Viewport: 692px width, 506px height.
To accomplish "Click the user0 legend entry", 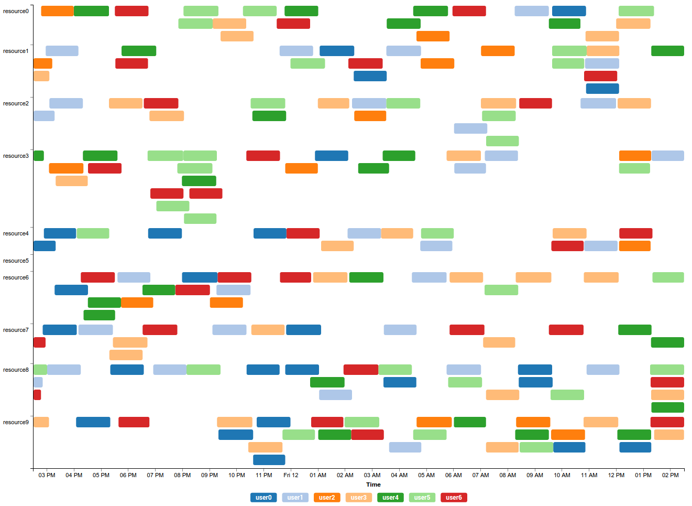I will click(x=263, y=498).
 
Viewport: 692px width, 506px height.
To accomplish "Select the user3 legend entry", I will click(x=358, y=498).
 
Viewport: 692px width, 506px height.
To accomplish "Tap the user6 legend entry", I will click(x=454, y=498).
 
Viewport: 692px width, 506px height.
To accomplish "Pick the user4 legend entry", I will click(x=390, y=498).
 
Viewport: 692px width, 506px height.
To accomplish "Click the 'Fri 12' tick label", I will click(x=291, y=475).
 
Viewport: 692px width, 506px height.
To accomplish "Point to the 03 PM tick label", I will click(x=47, y=475).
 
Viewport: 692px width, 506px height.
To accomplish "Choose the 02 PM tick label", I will click(x=670, y=475).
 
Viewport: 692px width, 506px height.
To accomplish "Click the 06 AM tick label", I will click(x=453, y=475).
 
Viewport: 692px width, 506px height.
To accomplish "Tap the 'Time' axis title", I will click(x=374, y=485).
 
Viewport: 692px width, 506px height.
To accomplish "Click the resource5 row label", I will click(x=16, y=261).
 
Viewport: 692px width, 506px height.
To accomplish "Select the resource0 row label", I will click(x=16, y=11).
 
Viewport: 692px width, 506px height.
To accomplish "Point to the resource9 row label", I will click(x=16, y=422).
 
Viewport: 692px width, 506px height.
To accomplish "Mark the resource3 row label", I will click(x=16, y=156).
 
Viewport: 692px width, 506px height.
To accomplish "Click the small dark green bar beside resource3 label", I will click(x=39, y=156).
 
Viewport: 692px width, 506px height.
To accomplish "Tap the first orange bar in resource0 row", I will click(x=57, y=11).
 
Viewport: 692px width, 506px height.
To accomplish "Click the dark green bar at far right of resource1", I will click(x=667, y=51).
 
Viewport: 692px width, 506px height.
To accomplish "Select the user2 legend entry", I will click(x=327, y=498).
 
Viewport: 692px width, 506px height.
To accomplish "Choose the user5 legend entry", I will click(x=422, y=498).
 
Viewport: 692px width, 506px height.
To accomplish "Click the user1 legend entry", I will click(x=295, y=498).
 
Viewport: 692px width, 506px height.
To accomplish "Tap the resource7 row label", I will click(x=16, y=330).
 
